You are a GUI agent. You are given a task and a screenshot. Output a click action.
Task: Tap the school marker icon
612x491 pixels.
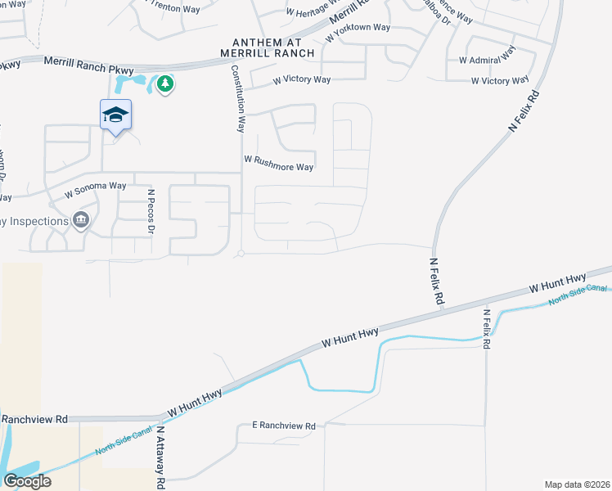click(115, 115)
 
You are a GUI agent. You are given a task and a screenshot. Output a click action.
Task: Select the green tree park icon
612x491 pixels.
click(165, 83)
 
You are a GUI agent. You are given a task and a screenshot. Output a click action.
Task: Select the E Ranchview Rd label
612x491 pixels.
click(284, 426)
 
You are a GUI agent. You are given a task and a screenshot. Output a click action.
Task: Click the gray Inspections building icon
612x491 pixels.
click(80, 219)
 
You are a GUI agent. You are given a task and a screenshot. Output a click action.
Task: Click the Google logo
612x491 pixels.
click(27, 481)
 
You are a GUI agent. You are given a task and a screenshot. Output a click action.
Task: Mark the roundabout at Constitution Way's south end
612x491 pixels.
click(241, 254)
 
